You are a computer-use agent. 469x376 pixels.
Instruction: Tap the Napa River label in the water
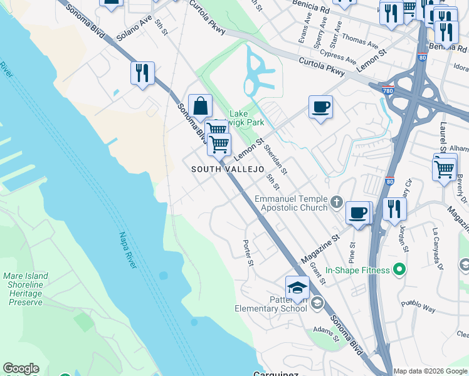127,251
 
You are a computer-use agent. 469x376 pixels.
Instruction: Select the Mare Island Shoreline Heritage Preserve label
26,289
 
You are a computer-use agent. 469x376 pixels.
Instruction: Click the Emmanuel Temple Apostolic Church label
291,203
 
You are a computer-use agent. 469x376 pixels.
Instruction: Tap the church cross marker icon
337,202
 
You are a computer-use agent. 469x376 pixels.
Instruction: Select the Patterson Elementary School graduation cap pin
298,288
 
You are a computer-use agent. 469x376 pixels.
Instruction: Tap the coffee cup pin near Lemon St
320,107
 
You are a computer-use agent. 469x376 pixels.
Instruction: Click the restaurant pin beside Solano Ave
143,73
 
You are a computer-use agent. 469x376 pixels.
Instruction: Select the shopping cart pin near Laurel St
444,168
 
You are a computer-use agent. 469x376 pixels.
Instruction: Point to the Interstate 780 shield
388,90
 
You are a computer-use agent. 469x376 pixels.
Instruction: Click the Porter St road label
248,253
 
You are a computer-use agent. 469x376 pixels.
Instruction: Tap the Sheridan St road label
276,159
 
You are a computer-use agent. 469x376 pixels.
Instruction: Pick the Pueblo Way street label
420,308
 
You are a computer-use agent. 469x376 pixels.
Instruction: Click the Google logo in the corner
21,369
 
